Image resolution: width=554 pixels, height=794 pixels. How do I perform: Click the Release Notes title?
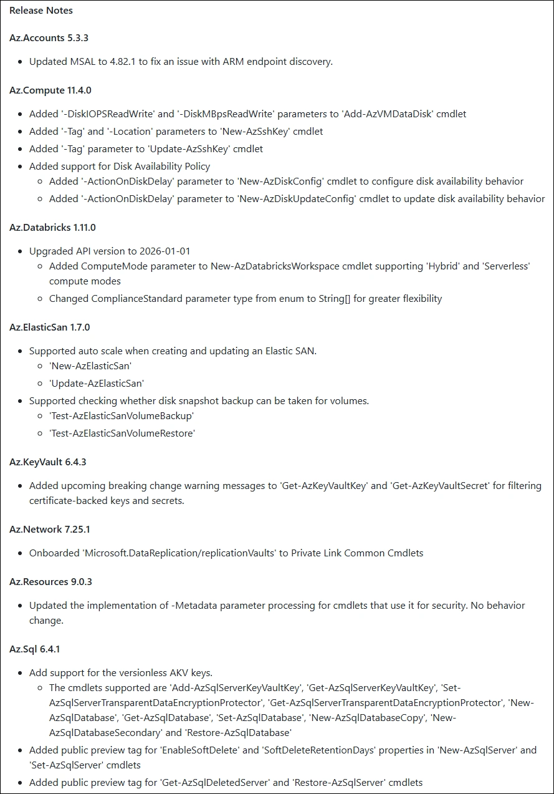41,11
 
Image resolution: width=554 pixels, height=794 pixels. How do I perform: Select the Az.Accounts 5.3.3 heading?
49,38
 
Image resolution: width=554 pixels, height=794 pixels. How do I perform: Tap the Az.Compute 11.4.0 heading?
50,90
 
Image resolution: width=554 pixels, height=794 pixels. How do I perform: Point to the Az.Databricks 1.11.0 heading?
52,228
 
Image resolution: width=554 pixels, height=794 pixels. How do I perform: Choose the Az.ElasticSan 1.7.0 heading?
50,327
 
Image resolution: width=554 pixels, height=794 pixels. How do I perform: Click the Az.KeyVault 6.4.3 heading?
48,462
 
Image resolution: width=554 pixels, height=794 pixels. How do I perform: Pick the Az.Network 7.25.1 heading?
49,530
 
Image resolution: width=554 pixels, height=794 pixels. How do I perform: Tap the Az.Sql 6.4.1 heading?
35,649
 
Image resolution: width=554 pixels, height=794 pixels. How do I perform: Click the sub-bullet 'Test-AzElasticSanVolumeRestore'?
122,433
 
